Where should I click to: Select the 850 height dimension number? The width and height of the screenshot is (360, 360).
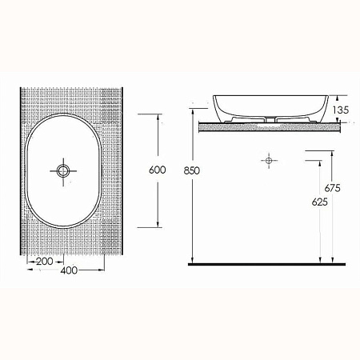point(190,170)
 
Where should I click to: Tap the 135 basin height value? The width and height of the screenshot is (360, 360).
point(340,109)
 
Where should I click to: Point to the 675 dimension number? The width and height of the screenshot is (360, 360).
point(334,189)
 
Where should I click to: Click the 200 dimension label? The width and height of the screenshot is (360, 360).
point(45,262)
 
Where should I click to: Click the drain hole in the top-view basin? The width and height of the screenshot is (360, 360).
point(63,170)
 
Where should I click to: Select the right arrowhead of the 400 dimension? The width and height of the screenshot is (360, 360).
point(103,268)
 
